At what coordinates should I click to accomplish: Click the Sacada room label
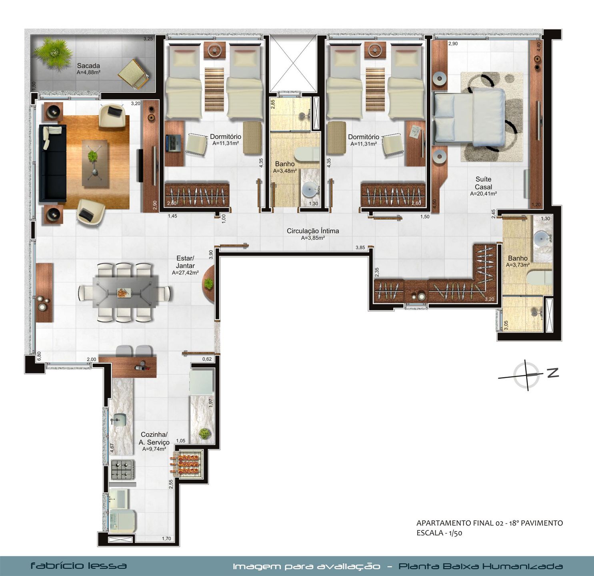click(88, 66)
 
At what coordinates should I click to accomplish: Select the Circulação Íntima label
click(312, 231)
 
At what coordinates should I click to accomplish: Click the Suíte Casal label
click(483, 183)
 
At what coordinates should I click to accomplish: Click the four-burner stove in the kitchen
click(123, 470)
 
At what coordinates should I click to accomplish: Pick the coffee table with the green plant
click(95, 164)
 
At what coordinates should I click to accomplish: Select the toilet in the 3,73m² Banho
click(539, 278)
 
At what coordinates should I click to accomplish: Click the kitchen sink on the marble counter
click(120, 420)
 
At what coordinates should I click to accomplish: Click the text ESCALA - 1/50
click(439, 533)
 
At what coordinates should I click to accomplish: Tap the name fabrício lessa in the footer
click(78, 566)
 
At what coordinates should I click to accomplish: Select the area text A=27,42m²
click(185, 272)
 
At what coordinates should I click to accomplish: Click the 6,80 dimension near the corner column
click(39, 356)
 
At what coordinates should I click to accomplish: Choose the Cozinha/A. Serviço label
click(154, 438)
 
